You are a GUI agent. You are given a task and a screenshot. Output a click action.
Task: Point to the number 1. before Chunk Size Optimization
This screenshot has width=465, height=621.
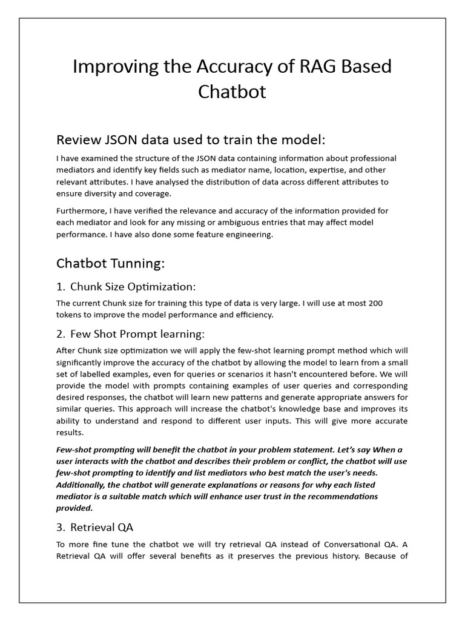click(61, 286)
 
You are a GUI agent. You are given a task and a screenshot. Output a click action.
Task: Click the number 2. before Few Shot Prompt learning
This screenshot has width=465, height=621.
click(61, 334)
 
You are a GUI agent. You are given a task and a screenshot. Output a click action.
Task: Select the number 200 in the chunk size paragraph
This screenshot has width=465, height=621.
click(374, 303)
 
